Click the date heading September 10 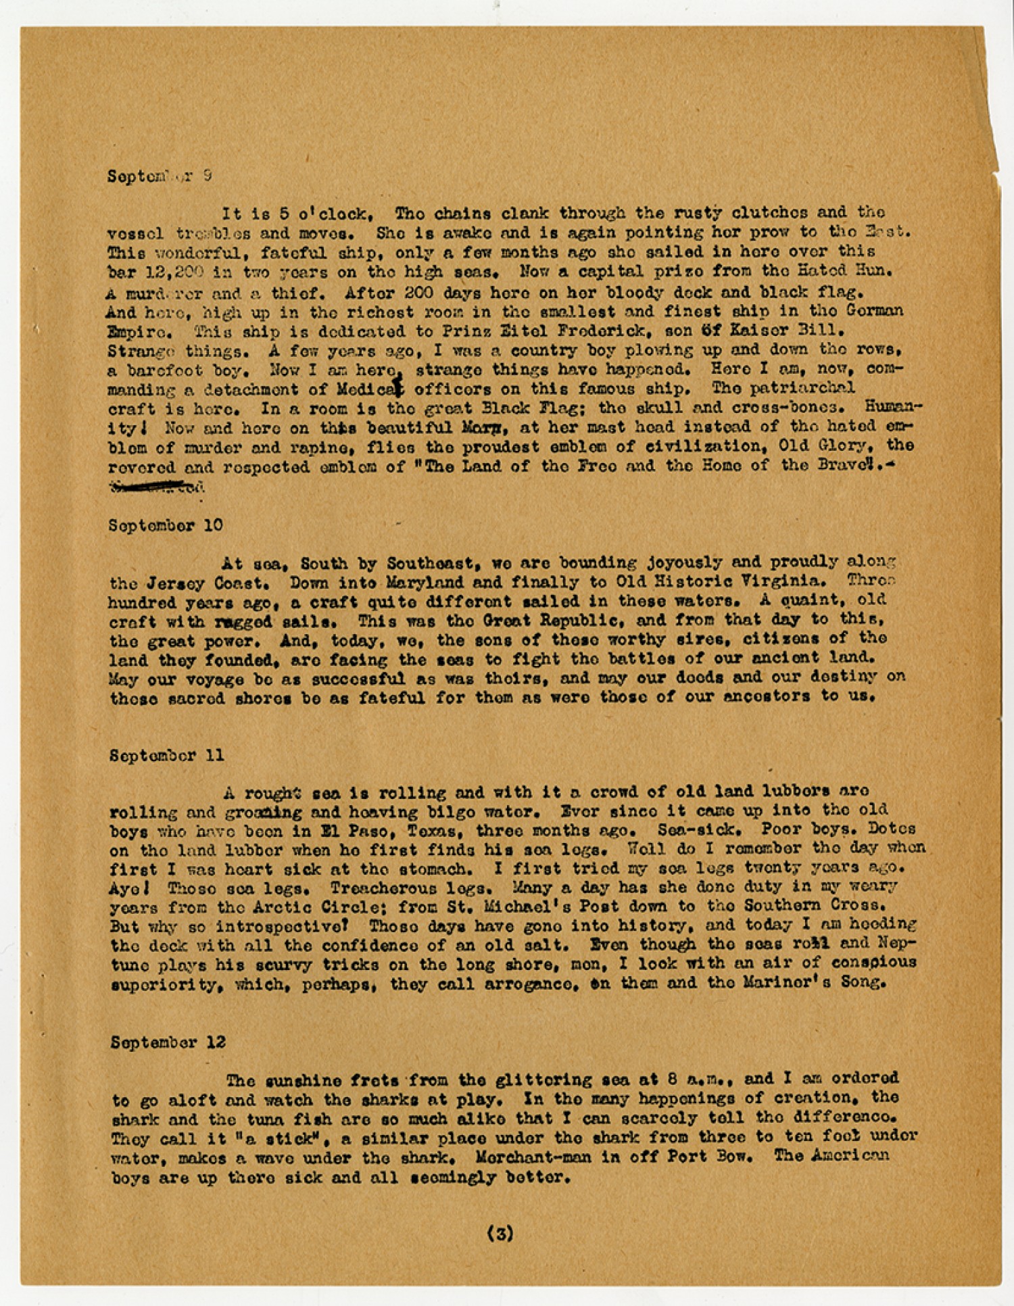click(x=165, y=525)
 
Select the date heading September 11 click(x=166, y=756)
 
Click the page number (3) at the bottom click(x=500, y=1234)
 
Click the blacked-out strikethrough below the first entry click(x=149, y=485)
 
